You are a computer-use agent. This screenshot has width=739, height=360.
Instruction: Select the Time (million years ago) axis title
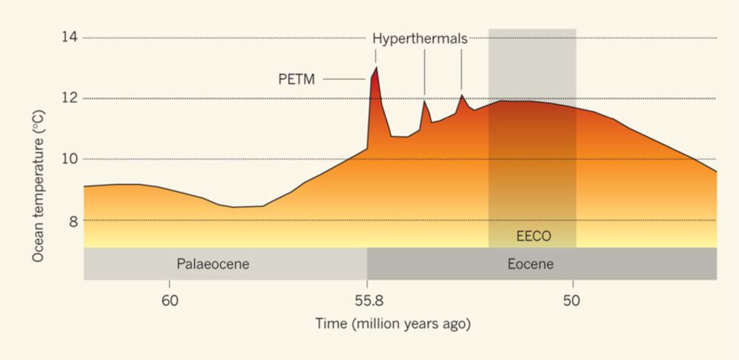pyautogui.click(x=393, y=324)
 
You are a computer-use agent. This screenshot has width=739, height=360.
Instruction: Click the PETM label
pyautogui.click(x=296, y=79)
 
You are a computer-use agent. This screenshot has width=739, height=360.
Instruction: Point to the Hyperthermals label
pyautogui.click(x=419, y=38)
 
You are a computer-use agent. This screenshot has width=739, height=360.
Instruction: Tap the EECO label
pyautogui.click(x=534, y=238)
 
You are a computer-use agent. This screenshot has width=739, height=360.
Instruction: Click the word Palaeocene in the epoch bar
pyautogui.click(x=214, y=264)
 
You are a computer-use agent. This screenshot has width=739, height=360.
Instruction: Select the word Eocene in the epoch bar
pyautogui.click(x=531, y=264)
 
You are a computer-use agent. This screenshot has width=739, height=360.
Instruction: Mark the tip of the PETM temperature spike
pyautogui.click(x=376, y=67)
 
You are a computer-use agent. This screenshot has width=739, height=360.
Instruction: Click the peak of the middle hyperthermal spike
pyautogui.click(x=424, y=100)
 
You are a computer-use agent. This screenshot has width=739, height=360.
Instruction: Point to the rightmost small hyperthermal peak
pyautogui.click(x=462, y=95)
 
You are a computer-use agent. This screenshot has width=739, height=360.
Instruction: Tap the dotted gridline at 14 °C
pyautogui.click(x=222, y=38)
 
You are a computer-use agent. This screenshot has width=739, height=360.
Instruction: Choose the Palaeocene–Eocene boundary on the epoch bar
pyautogui.click(x=367, y=264)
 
